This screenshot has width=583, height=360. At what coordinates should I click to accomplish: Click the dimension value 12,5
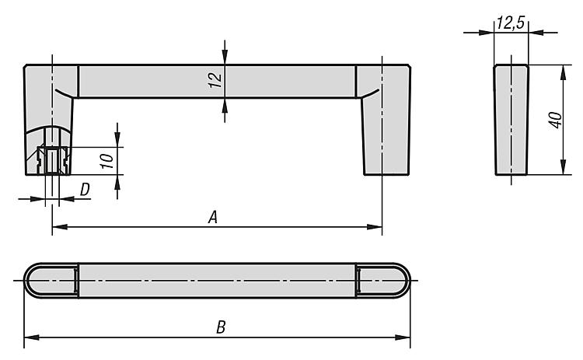[510, 23]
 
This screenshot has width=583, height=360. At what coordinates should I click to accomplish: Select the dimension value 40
[556, 120]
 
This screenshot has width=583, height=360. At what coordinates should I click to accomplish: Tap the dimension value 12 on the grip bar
[215, 80]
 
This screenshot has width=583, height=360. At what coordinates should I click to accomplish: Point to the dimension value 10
[107, 161]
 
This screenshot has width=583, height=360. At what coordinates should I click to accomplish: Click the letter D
[85, 189]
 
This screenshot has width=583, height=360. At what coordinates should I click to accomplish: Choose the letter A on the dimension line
[212, 217]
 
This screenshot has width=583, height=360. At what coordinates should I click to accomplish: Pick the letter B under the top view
[221, 327]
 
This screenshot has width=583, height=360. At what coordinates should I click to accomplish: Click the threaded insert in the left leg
[52, 161]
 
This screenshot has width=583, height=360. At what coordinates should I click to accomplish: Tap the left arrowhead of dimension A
[60, 227]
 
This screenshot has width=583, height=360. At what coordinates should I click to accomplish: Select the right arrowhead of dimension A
[375, 227]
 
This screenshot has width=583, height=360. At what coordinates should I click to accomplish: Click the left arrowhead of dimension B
[32, 337]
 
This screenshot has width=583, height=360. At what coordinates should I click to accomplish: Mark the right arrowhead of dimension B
[403, 337]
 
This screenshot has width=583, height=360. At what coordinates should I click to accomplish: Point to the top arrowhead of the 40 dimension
[564, 72]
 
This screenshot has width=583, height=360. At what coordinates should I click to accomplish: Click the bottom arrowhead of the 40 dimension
[564, 167]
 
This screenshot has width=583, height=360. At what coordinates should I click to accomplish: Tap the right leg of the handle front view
[385, 120]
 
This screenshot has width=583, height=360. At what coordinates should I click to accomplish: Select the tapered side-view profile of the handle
[511, 120]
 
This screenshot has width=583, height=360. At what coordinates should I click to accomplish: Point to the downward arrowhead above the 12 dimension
[224, 58]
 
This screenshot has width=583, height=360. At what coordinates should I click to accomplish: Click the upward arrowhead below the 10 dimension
[117, 182]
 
